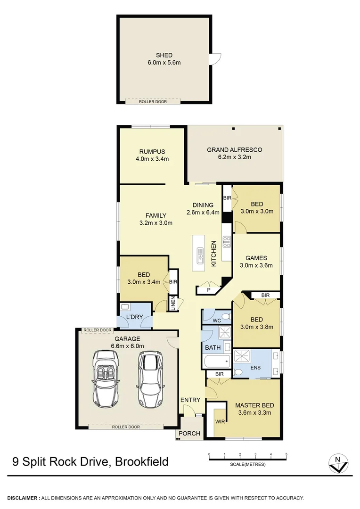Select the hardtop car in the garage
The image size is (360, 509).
(150, 379)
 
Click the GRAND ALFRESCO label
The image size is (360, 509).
(235, 150)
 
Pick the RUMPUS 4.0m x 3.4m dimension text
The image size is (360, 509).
(152, 159)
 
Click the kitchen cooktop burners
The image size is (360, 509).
(226, 242)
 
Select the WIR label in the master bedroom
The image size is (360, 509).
(220, 421)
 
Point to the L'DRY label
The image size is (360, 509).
(135, 318)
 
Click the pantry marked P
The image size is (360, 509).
(208, 290)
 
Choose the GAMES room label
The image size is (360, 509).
(256, 258)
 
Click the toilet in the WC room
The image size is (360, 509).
(225, 316)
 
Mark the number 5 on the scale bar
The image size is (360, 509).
(286, 454)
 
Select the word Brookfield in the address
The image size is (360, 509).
(141, 461)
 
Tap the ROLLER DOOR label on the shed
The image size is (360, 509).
(153, 101)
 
